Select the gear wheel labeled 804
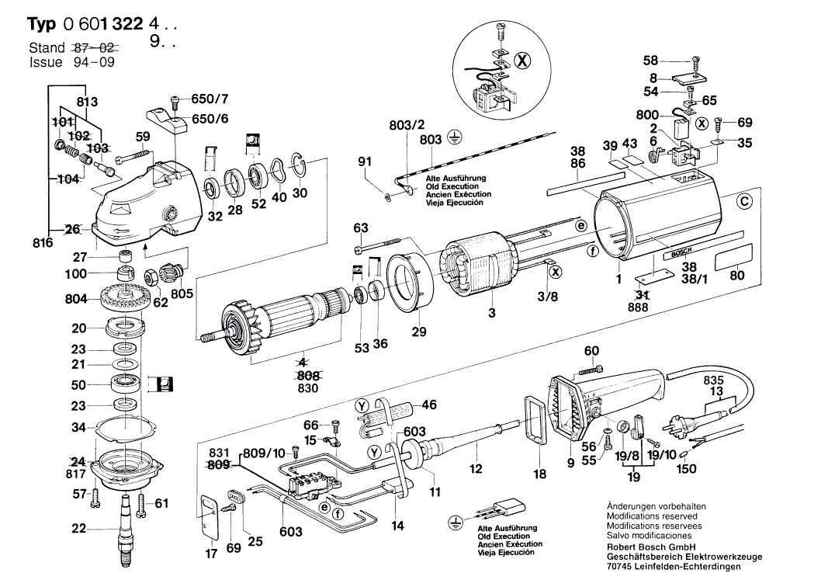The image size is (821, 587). [122, 297]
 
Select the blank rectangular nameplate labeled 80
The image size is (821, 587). [735, 256]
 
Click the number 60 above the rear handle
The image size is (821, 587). [591, 352]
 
